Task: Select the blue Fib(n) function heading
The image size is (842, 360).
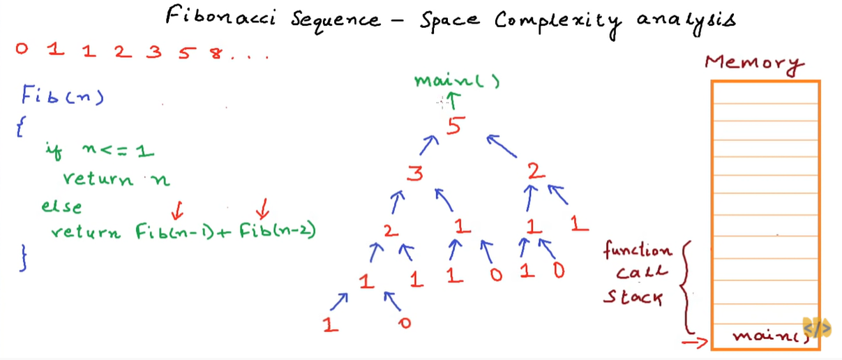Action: (62, 95)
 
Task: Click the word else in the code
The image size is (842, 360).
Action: (61, 207)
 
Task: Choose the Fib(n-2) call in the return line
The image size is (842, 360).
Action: (277, 230)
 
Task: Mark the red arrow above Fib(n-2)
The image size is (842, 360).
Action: (263, 207)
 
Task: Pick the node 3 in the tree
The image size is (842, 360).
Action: (415, 172)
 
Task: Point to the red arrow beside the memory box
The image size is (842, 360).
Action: (696, 342)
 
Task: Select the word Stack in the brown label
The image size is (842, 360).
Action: (633, 299)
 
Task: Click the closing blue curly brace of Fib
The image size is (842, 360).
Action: (25, 256)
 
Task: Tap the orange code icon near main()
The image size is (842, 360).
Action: (817, 328)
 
